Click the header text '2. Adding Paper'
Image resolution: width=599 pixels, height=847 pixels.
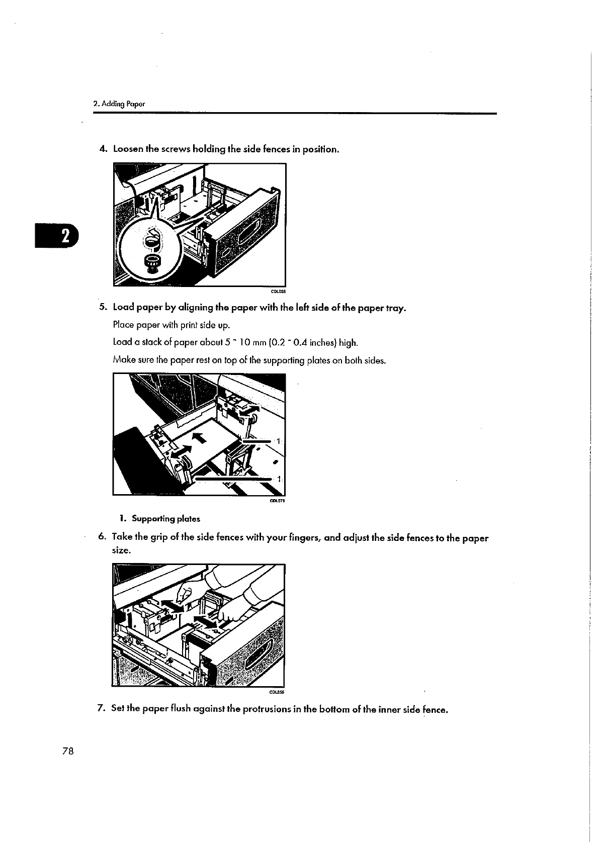[x=119, y=104]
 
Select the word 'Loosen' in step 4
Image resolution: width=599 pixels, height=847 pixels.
[x=128, y=149]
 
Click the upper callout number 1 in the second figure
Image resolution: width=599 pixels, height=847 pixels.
[x=278, y=441]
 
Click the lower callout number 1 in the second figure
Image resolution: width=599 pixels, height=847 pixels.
[x=278, y=478]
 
